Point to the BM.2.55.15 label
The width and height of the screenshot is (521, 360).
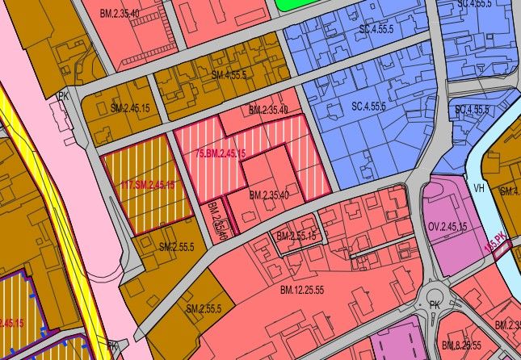[296, 237]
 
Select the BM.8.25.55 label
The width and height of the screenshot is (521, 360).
[463, 345]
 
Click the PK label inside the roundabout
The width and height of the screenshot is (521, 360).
[435, 305]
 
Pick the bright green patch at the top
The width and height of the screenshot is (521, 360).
[296, 4]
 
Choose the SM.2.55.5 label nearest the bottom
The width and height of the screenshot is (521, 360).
[204, 309]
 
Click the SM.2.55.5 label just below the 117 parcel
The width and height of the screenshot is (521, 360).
[177, 246]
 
